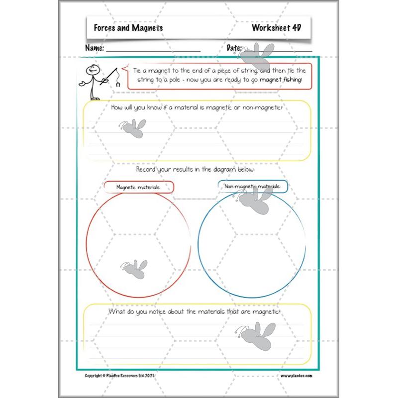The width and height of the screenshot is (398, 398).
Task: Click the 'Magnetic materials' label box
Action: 138,187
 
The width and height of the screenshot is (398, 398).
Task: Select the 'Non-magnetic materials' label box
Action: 253,187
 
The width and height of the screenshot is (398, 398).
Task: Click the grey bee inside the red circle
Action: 133,269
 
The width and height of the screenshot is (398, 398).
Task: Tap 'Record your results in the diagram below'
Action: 196,170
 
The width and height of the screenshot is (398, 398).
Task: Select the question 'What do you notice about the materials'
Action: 195,311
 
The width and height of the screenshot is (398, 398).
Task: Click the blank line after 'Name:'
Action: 153,50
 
